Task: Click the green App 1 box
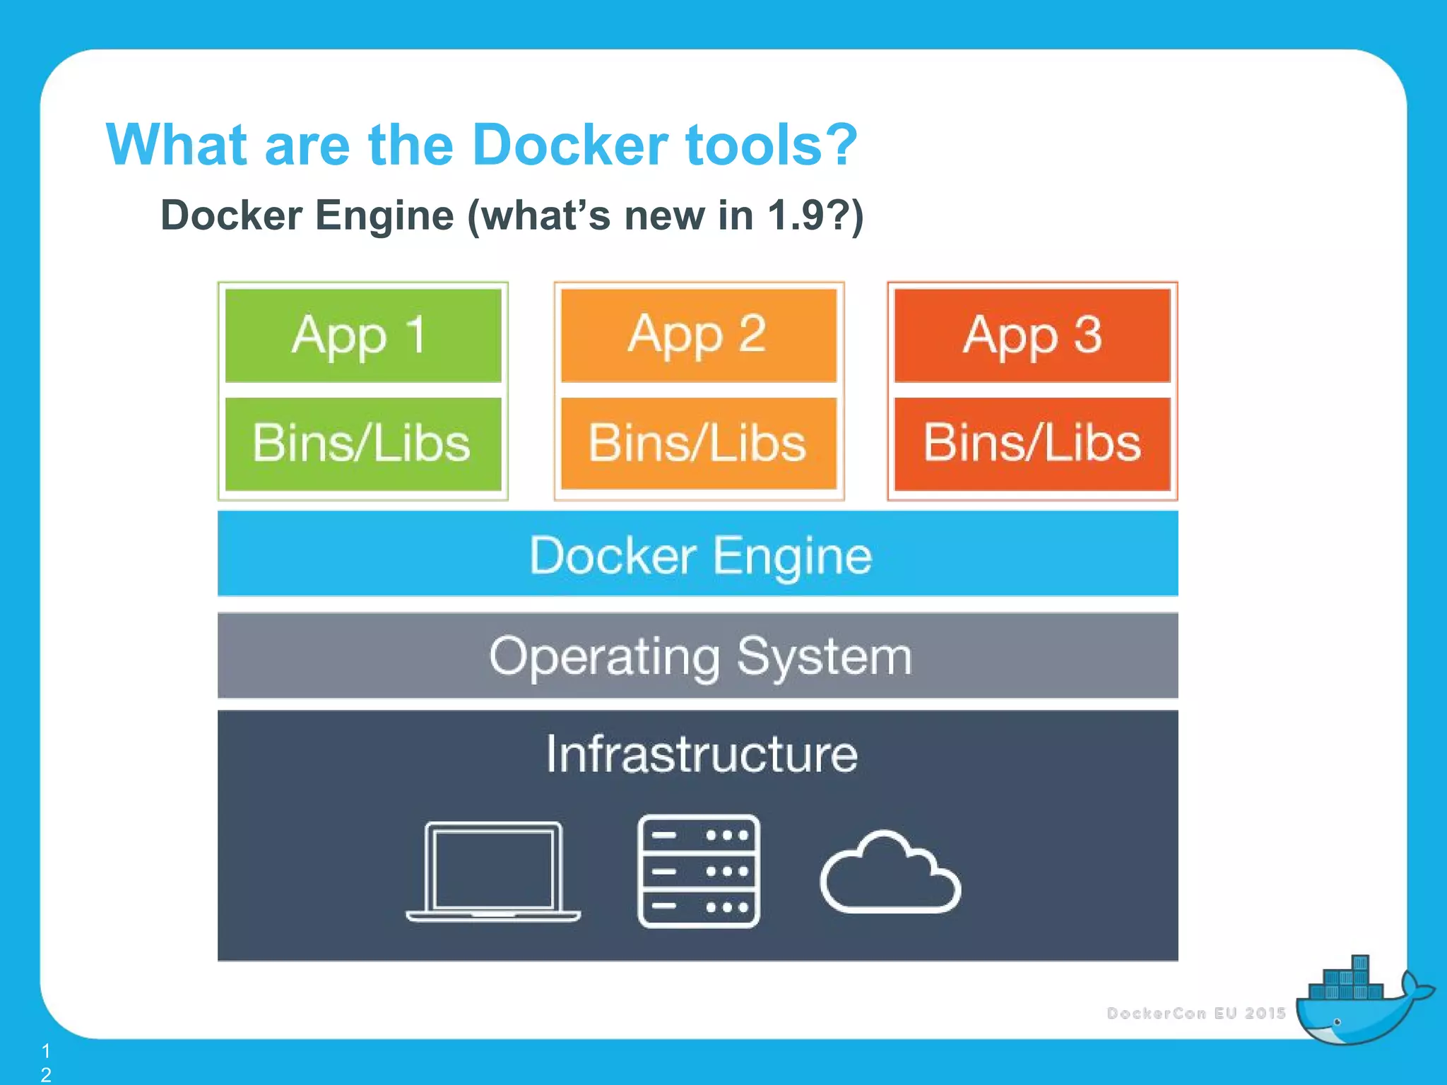362,335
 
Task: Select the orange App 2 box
698,335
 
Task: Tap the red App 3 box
1032,335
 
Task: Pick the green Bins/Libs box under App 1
362,444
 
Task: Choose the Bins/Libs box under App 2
698,444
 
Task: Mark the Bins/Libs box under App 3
1032,444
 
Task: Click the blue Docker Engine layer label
700,555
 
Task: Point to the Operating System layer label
700,656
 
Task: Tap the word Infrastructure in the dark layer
702,754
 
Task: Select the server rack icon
698,871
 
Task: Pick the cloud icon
890,873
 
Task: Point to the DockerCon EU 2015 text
1196,1013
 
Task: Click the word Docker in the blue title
569,145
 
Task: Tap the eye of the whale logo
1337,1022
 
